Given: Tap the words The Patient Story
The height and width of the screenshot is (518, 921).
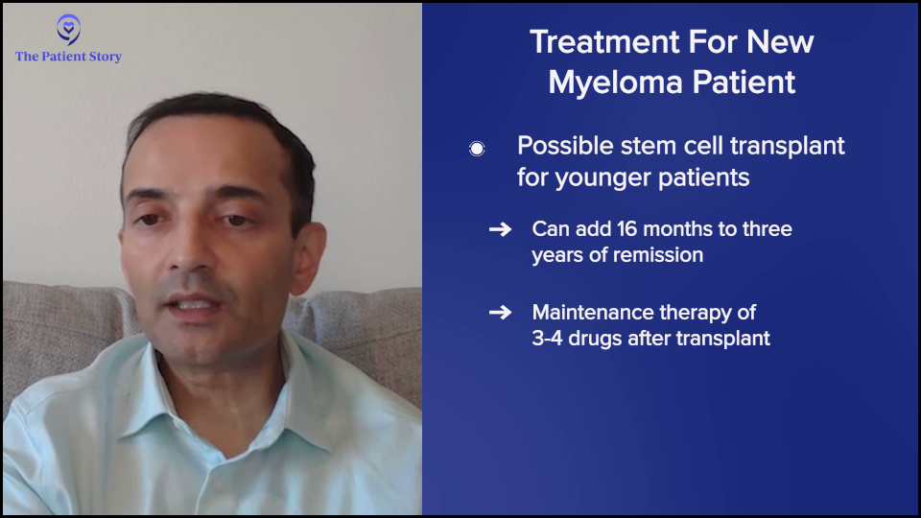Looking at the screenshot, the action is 68,57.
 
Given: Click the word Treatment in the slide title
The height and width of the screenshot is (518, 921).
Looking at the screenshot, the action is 604,42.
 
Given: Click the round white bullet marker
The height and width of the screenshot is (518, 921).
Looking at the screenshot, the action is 477,149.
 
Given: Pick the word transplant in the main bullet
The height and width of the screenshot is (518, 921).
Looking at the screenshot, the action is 788,146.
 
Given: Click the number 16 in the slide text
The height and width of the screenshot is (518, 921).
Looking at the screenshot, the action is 626,228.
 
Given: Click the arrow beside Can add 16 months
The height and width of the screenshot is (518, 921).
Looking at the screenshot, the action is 501,228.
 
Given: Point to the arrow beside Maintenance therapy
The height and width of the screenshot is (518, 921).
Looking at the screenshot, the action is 501,312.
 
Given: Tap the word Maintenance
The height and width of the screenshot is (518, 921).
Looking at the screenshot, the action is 589,312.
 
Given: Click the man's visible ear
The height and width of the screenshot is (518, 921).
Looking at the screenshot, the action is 308,257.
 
